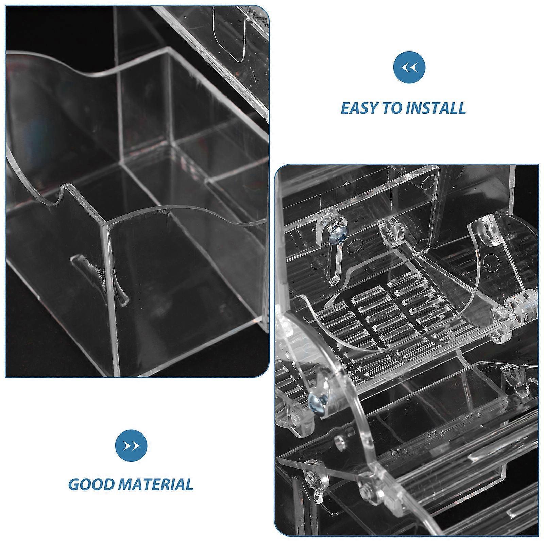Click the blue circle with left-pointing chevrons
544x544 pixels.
point(409,68)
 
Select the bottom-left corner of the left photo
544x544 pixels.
point(6,377)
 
